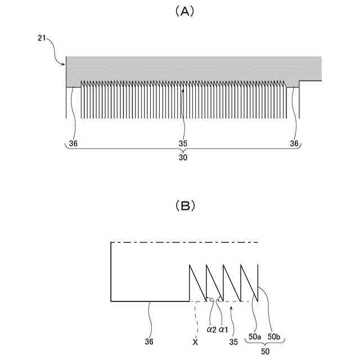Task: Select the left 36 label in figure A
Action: coord(73,143)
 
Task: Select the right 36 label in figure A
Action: coord(294,143)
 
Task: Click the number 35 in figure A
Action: coord(183,143)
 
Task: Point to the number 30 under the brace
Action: coord(183,158)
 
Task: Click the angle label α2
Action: coord(211,328)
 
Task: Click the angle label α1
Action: coord(223,328)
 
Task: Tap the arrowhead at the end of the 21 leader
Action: coord(64,65)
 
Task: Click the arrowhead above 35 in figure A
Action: coord(183,88)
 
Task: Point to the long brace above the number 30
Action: coord(183,150)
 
